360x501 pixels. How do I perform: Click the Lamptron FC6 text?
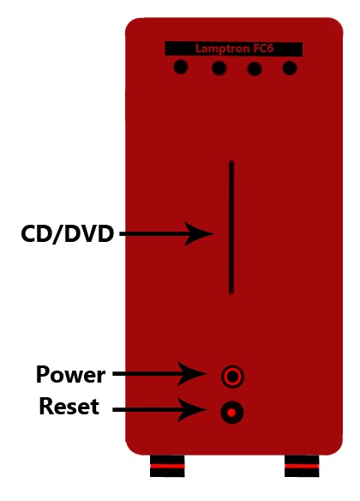pos(234,49)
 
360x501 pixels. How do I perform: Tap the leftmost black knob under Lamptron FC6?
pos(181,67)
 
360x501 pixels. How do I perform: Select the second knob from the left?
pos(219,68)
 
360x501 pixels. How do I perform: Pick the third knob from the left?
pos(255,69)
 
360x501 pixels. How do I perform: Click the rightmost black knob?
pos(290,68)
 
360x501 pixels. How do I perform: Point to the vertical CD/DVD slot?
pos(231,227)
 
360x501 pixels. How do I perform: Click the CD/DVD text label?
pos(68,234)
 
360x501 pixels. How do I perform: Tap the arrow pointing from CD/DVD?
pos(166,234)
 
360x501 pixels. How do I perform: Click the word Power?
pos(70,374)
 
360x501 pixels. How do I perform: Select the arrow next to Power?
pos(160,373)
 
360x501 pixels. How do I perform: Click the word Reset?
pos(69,406)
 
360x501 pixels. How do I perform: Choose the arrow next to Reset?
pos(160,409)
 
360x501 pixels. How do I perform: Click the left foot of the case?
pos(167,466)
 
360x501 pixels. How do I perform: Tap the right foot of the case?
pos(302,466)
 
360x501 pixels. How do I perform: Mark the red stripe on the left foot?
pos(167,466)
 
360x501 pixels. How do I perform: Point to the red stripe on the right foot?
pos(302,466)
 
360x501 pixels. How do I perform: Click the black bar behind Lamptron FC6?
pos(234,49)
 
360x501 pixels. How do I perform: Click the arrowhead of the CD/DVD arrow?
pos(199,234)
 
